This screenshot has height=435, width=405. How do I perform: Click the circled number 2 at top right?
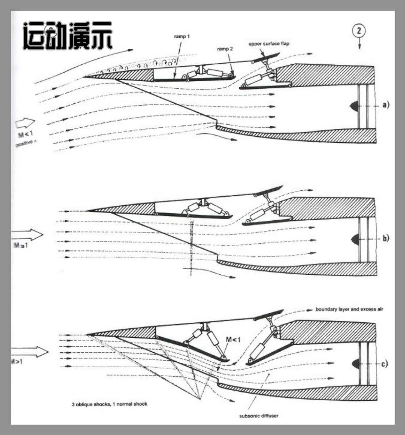[x=359, y=31]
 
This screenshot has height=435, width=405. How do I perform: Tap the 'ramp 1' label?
[x=182, y=36]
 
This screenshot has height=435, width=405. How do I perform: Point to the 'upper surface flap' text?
[x=269, y=44]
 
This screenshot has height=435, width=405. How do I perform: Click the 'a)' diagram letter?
[x=386, y=105]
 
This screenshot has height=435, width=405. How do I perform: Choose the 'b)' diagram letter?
[x=386, y=238]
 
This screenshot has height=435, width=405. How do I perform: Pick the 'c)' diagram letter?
[x=384, y=364]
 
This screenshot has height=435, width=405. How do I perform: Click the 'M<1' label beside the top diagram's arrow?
[x=26, y=135]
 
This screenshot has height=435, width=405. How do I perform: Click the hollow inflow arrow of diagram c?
[x=30, y=352]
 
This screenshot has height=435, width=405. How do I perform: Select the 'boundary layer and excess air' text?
[x=349, y=309]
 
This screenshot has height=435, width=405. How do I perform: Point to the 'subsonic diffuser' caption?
[x=259, y=416]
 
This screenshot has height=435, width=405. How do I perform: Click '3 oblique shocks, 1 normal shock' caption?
[x=109, y=404]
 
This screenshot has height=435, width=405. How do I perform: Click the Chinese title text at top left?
[x=68, y=36]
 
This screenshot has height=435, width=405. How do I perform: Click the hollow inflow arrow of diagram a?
[x=25, y=123]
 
